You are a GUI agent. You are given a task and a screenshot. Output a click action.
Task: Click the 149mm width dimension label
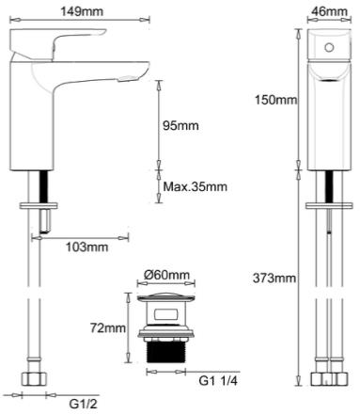coord(82,11)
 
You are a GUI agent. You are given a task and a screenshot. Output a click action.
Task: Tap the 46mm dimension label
coord(329,11)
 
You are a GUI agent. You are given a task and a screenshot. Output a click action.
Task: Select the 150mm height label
coord(275,100)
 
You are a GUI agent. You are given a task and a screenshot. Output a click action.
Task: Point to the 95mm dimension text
coord(180,125)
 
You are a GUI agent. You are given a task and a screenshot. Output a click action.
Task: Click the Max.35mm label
coord(196,186)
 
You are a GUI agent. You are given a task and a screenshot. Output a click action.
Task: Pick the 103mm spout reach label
coord(86,247)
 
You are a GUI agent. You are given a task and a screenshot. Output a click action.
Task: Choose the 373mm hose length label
coord(274,278)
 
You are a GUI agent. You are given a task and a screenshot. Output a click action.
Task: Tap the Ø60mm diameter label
coord(167,275)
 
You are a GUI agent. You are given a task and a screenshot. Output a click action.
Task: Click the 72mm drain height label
coord(108,328)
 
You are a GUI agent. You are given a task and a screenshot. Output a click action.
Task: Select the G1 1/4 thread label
coord(218,381)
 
